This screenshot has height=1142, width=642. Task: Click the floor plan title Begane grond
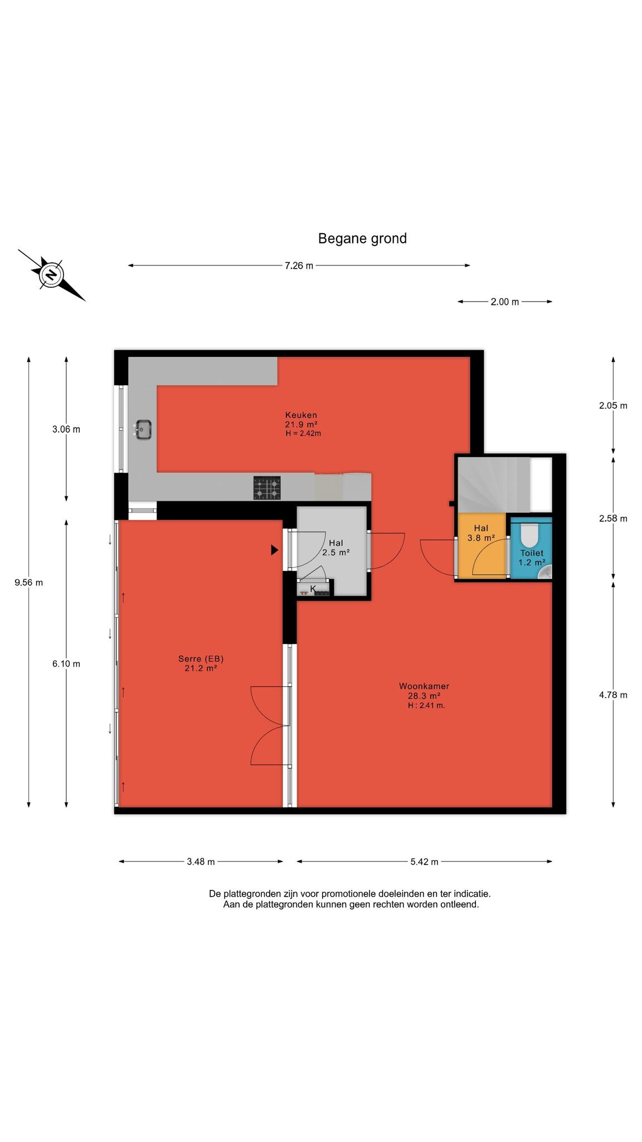point(362,239)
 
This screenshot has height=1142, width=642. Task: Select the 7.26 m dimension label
point(299,265)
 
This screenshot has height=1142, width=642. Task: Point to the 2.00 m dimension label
point(504,302)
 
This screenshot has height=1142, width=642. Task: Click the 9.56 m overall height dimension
point(28,583)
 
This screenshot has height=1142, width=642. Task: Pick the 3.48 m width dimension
point(201,862)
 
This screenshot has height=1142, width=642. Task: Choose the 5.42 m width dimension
point(424,862)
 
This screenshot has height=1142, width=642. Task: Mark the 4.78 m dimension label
point(613,695)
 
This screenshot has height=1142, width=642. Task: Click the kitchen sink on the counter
point(143,430)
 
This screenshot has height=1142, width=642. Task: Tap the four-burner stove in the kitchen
point(267,488)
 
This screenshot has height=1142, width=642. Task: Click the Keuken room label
point(301,415)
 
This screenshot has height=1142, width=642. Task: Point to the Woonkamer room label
point(424,686)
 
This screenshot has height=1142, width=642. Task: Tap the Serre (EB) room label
point(201,659)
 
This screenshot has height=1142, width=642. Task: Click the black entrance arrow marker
point(274,550)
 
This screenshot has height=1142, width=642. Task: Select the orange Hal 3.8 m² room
point(481,546)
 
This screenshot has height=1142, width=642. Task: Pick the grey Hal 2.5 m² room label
point(336,548)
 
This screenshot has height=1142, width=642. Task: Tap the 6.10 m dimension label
point(66,664)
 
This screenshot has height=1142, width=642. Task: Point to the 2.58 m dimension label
point(613,519)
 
